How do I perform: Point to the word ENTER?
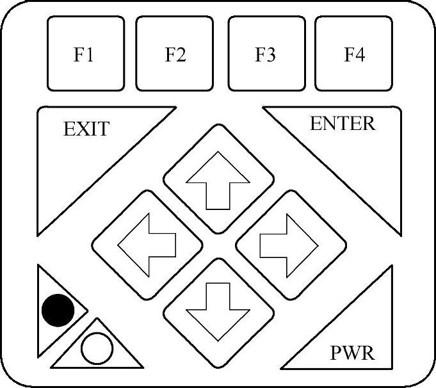pos(343,124)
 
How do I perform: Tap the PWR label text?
pos(352,353)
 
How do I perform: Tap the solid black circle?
pos(58,311)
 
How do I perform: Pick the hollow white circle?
pos(97,349)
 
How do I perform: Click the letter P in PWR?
pos(337,353)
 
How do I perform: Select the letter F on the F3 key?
pos(261,55)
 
